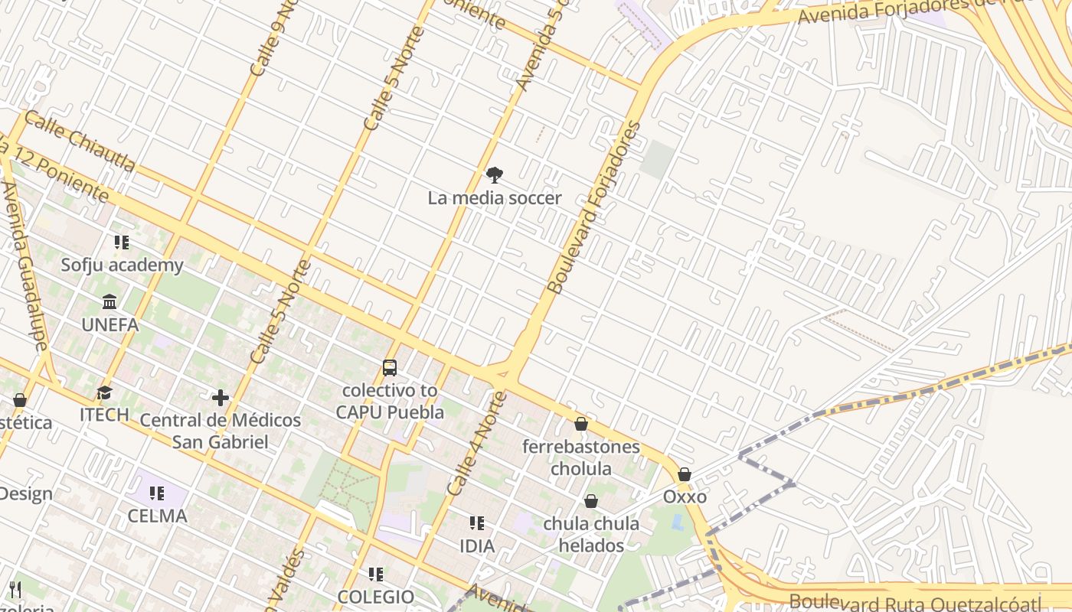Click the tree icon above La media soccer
pos(495,175)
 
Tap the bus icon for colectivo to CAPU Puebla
pos(390,368)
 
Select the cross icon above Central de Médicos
pos(221,398)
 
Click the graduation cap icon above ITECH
pos(104,393)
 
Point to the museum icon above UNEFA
pos(110,302)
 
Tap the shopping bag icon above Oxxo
pos(685,474)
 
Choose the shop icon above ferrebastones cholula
pos(581,424)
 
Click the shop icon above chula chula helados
pos(590,502)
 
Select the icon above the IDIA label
pos(477,523)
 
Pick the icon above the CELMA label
pos(157,493)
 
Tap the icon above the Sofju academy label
pos(122,243)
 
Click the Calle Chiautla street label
pos(80,141)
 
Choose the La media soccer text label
pos(495,198)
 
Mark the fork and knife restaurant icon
pos(15,589)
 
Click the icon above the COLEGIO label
pos(375,574)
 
